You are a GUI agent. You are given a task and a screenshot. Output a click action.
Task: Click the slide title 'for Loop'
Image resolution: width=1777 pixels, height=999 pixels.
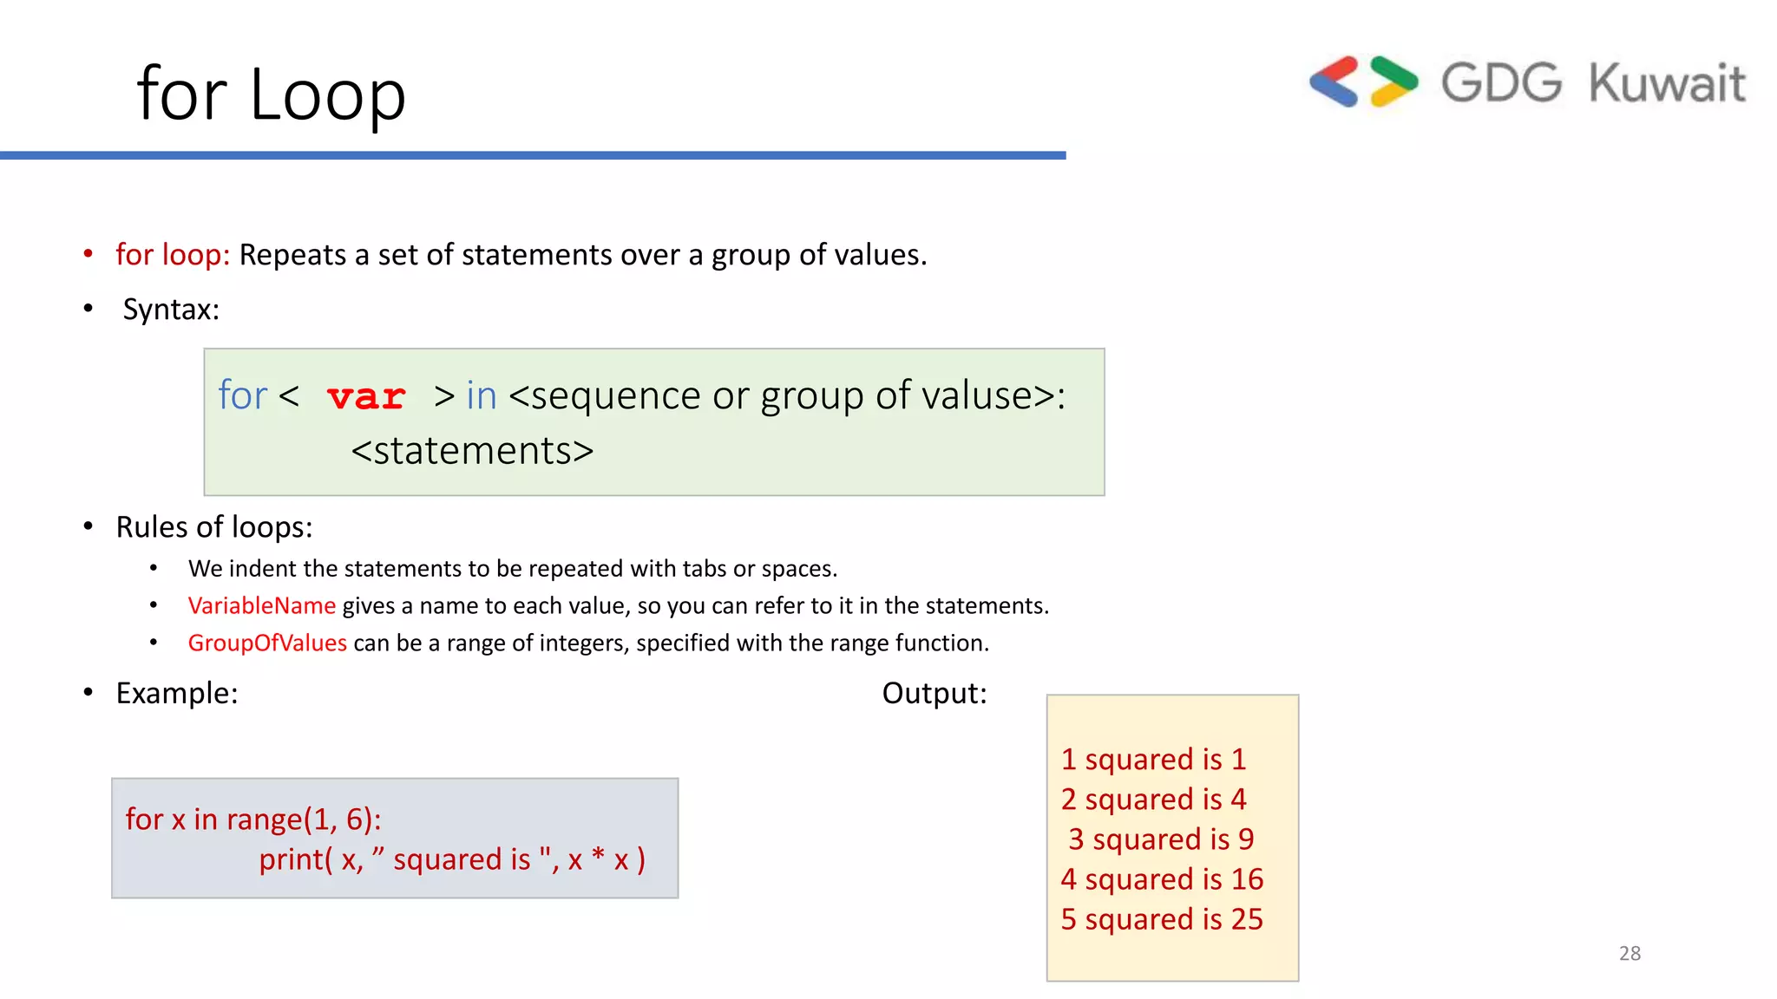click(x=271, y=94)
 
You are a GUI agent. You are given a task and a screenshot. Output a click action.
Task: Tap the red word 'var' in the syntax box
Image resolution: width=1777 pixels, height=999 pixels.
click(x=366, y=397)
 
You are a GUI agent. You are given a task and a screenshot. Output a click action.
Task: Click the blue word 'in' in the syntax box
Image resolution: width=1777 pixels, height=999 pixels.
click(x=482, y=395)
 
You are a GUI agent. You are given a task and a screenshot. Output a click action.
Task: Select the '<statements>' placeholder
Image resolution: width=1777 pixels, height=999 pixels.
click(x=472, y=451)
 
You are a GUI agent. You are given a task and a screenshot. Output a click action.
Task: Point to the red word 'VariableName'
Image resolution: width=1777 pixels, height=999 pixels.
click(x=261, y=605)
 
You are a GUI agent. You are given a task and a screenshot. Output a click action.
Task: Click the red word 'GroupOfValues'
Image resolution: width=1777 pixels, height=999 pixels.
click(x=267, y=643)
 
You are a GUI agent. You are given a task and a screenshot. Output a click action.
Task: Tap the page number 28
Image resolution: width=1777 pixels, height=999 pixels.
click(x=1629, y=953)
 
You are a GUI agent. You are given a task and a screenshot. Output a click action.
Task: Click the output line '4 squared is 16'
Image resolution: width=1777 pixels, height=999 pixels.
click(x=1162, y=879)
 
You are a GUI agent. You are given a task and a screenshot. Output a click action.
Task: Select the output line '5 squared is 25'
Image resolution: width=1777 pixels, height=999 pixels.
click(x=1162, y=919)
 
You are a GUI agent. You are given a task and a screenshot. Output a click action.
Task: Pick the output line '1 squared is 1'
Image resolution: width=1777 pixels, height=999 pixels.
click(x=1153, y=760)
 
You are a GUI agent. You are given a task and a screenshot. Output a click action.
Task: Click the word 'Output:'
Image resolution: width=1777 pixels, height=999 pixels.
click(x=934, y=693)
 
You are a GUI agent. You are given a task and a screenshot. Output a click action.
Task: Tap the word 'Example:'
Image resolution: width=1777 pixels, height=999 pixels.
click(x=177, y=693)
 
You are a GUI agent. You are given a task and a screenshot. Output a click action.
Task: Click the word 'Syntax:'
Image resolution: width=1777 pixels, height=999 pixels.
click(x=171, y=309)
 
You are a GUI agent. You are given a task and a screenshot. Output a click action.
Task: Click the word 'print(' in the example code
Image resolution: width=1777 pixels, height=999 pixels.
click(x=295, y=859)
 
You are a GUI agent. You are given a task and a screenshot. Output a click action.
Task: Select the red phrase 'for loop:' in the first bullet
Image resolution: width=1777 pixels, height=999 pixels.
click(x=173, y=255)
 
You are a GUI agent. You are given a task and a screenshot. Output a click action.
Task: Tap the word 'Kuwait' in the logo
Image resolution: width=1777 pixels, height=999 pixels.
click(x=1667, y=83)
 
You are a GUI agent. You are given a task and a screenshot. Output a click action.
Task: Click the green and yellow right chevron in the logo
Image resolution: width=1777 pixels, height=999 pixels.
click(x=1393, y=82)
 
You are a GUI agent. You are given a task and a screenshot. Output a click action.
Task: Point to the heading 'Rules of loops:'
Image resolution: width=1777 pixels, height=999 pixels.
click(x=214, y=527)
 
